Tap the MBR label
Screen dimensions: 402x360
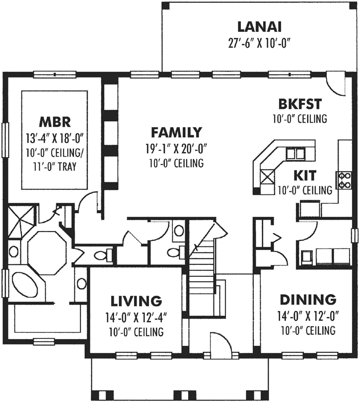coord(55,122)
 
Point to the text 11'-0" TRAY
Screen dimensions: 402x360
coord(55,166)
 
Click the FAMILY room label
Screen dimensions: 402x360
coord(176,132)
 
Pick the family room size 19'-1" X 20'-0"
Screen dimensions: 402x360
coord(176,148)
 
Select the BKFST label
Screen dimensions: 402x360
coord(299,104)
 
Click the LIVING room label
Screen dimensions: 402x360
coord(136,301)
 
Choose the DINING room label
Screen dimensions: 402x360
coord(308,300)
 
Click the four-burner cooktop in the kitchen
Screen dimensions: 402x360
coord(345,180)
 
